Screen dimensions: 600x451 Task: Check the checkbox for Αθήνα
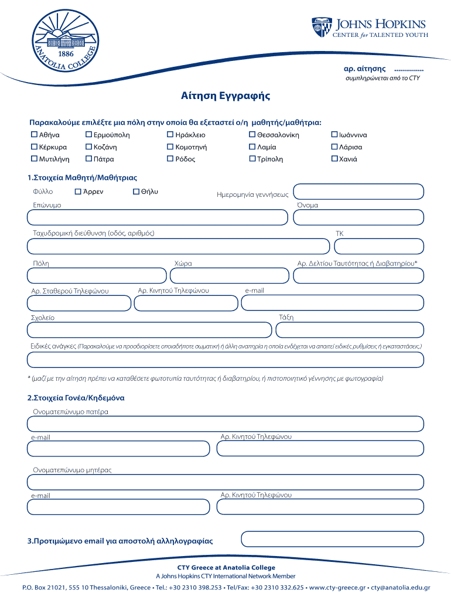pyautogui.click(x=34, y=135)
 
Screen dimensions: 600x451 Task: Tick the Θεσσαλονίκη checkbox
pyautogui.click(x=252, y=135)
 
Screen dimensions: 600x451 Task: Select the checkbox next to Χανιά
pyautogui.click(x=334, y=159)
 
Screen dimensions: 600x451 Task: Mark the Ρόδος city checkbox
pyautogui.click(x=170, y=159)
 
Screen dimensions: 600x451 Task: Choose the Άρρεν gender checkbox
pyautogui.click(x=78, y=192)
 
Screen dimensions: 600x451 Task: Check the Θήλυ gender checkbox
pyautogui.click(x=136, y=192)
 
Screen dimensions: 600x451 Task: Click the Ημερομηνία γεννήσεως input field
pyautogui.click(x=358, y=192)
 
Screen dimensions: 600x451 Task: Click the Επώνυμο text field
pyautogui.click(x=157, y=217)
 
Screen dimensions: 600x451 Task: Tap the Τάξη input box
pyautogui.click(x=349, y=330)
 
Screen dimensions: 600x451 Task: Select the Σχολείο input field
pyautogui.click(x=149, y=330)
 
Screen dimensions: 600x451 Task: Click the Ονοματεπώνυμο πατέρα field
pyautogui.click(x=225, y=424)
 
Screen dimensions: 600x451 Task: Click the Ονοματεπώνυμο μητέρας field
pyautogui.click(x=225, y=482)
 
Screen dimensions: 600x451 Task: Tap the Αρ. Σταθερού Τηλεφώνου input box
pyautogui.click(x=79, y=303)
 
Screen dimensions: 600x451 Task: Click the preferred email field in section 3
pyautogui.click(x=332, y=538)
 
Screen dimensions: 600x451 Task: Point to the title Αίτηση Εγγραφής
pyautogui.click(x=225, y=96)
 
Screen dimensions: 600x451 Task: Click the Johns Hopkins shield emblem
pyautogui.click(x=322, y=28)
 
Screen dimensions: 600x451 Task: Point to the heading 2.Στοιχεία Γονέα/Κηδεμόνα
pyautogui.click(x=76, y=398)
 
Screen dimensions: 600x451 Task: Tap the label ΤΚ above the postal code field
pyautogui.click(x=339, y=233)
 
